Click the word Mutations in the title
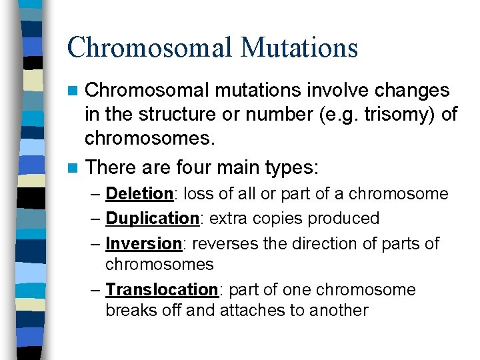(300, 47)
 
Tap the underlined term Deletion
(139, 194)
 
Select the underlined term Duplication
(152, 218)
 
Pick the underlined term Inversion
(143, 243)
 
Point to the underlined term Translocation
(161, 290)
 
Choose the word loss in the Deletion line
(197, 194)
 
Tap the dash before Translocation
(95, 290)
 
